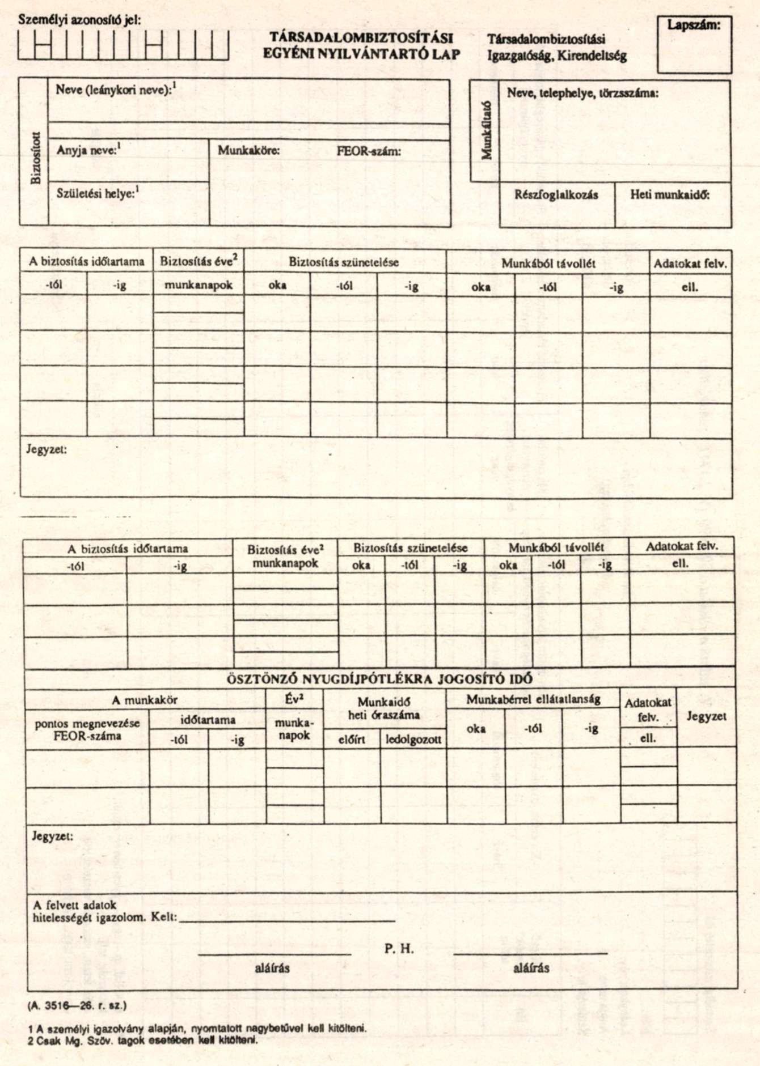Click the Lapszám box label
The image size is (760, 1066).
point(694,25)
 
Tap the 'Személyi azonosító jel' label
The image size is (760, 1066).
point(79,20)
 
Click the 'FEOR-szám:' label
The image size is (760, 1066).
point(369,151)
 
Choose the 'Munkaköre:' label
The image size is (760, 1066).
point(249,151)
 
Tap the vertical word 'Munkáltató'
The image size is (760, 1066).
point(486,130)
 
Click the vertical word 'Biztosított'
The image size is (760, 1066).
point(36,158)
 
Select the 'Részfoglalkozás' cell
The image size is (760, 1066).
point(556,194)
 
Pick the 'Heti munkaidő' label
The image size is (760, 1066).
point(670,194)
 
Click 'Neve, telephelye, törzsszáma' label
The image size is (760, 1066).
point(582,93)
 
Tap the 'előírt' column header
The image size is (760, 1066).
point(352,740)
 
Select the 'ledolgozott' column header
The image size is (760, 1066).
point(413,740)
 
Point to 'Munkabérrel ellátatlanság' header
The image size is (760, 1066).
point(533,699)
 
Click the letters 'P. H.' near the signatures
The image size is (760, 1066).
point(399,949)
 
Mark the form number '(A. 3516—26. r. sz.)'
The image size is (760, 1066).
point(77,1006)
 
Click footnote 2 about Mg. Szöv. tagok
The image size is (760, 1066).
point(142,1040)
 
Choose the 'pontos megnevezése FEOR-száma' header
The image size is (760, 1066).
point(87,730)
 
